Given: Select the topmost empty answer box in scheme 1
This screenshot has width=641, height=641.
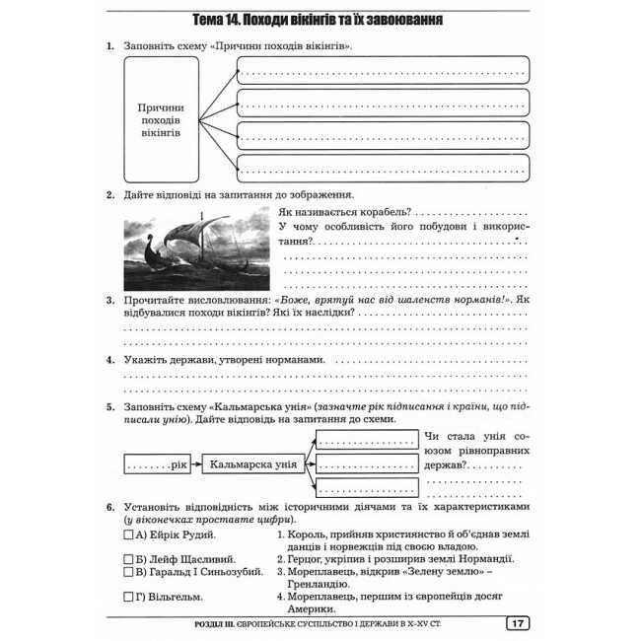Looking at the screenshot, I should tap(383, 69).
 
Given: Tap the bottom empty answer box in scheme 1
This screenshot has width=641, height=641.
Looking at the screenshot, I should tap(383, 169).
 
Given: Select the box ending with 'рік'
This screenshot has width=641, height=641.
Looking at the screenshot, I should tap(156, 463).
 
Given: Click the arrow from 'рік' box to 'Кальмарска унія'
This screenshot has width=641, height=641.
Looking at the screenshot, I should tap(195, 463).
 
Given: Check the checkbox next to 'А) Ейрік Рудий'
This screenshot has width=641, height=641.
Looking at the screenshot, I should tap(128, 534).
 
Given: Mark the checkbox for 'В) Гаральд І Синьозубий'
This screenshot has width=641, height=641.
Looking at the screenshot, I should tap(128, 571).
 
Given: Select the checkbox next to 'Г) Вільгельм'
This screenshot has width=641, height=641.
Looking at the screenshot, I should tap(128, 596).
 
